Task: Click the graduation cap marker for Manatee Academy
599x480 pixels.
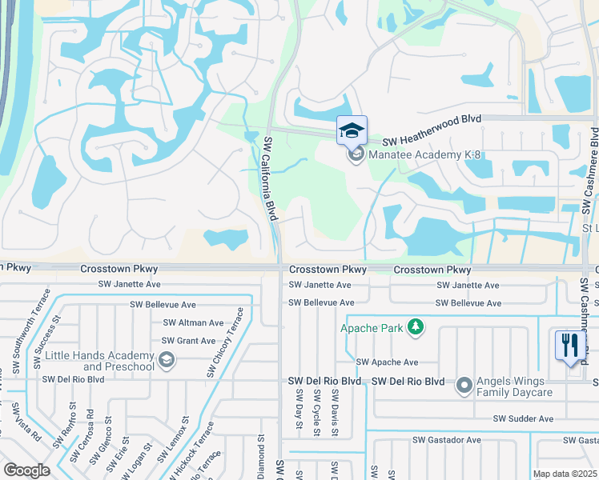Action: (x=352, y=130)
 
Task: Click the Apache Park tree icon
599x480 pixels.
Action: (x=415, y=326)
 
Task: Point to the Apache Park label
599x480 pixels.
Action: (x=372, y=327)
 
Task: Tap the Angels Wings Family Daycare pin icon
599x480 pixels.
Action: (x=464, y=386)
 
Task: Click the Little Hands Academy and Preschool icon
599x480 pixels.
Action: (x=167, y=361)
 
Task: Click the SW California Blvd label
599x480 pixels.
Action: (x=271, y=178)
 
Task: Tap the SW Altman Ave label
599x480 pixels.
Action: (x=193, y=322)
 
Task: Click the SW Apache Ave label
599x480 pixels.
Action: (x=388, y=362)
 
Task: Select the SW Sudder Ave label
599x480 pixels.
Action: (x=523, y=418)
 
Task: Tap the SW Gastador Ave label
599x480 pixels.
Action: (x=446, y=440)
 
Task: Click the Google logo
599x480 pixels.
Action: (x=26, y=470)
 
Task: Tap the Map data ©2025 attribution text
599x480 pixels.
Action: (x=565, y=474)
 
